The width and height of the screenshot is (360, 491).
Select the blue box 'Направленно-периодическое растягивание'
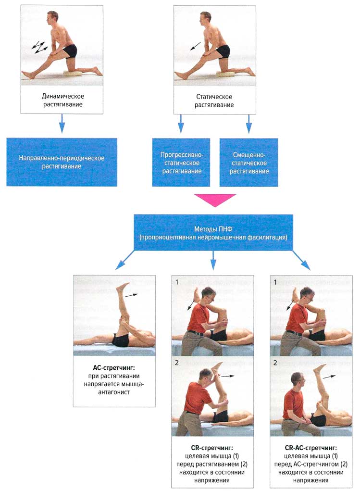(62, 162)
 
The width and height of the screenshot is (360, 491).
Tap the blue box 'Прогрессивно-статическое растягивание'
(181, 162)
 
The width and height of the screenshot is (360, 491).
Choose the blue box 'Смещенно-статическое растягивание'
(248, 162)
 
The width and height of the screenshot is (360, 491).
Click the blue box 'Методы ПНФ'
(214, 233)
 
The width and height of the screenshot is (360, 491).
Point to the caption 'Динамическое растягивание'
(61, 100)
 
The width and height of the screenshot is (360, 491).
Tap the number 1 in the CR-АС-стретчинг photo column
(275, 282)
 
